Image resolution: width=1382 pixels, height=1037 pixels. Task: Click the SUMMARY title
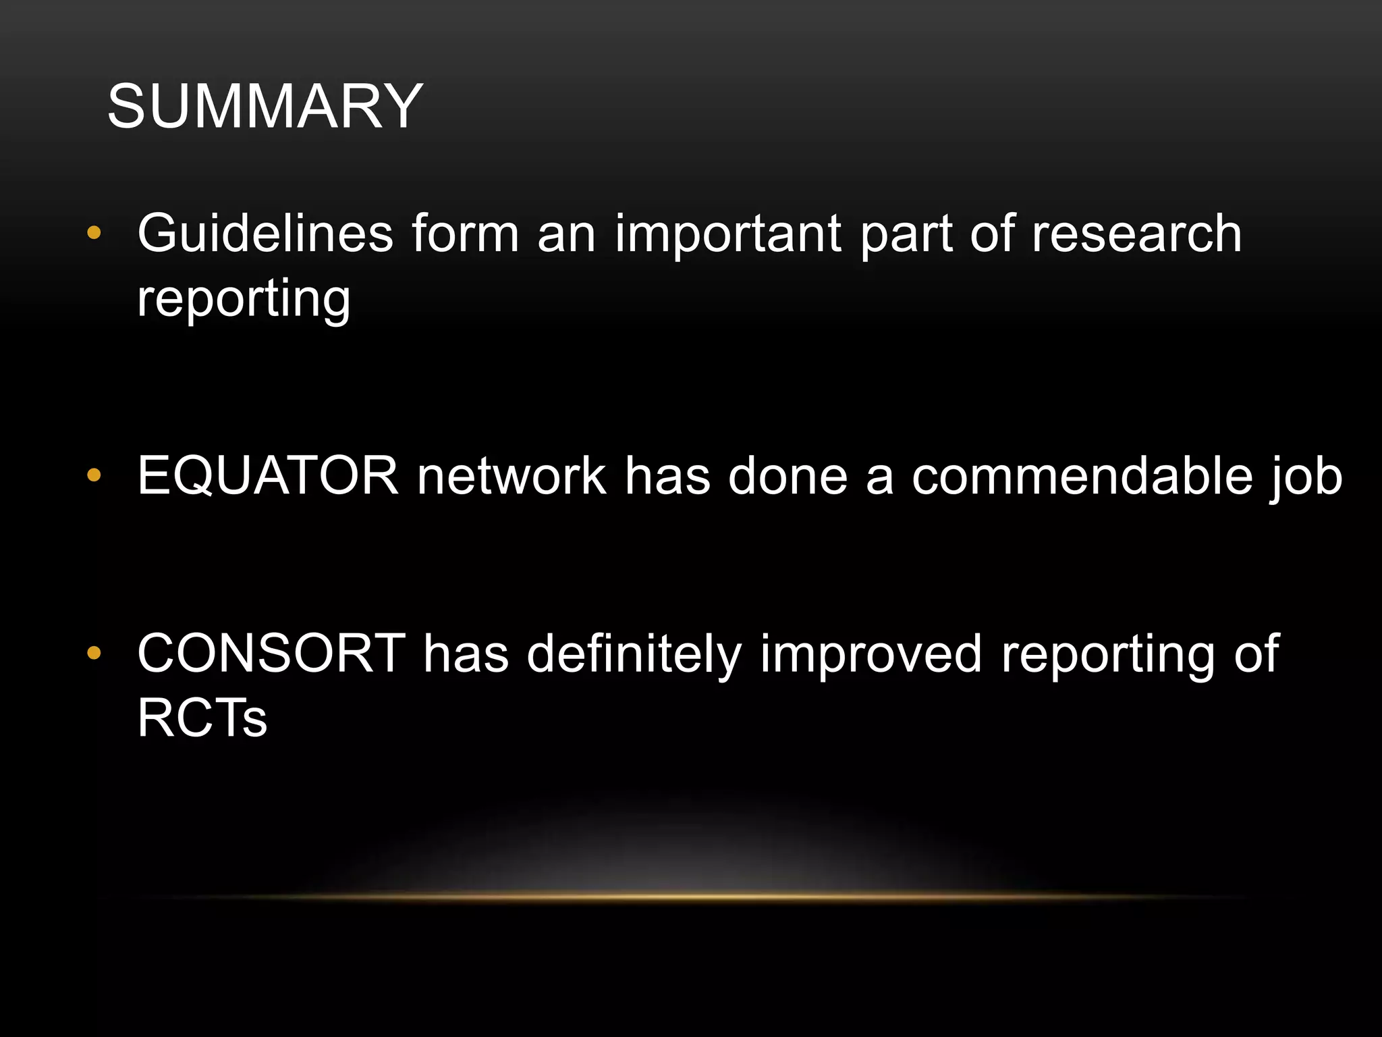[x=265, y=107]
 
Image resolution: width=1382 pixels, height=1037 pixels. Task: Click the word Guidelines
[x=265, y=234]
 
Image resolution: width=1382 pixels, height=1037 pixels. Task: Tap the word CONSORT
[x=271, y=654]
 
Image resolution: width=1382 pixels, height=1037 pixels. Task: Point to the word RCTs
[x=202, y=718]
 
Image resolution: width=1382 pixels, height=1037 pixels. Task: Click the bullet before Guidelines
[x=94, y=234]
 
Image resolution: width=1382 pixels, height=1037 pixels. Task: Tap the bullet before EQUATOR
[x=94, y=476]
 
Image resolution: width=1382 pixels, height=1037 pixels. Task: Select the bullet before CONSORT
[x=94, y=653]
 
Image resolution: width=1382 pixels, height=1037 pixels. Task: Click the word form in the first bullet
[x=465, y=234]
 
